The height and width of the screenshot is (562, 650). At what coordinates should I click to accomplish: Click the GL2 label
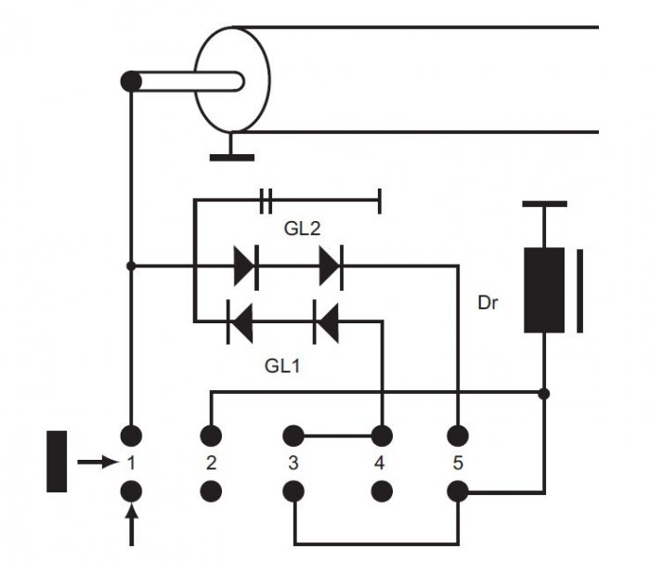(x=302, y=229)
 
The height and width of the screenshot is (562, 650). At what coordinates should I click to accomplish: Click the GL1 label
(x=282, y=366)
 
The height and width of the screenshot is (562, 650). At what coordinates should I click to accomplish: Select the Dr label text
(x=487, y=303)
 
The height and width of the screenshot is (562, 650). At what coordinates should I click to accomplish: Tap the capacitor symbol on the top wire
(x=266, y=201)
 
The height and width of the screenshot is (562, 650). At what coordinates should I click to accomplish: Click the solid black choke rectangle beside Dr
(x=544, y=291)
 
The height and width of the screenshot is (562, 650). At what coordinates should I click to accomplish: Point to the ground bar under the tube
(x=232, y=158)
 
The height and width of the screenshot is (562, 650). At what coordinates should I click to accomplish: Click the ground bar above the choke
(x=545, y=204)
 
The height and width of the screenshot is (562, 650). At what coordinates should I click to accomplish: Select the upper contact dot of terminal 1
(x=132, y=436)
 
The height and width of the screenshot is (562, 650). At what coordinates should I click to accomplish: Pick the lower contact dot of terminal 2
(x=211, y=491)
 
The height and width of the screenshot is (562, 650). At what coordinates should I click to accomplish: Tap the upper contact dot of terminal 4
(x=382, y=436)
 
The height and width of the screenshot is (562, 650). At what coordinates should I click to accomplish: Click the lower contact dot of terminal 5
(x=458, y=492)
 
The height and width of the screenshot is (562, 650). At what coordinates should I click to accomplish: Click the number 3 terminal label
(x=293, y=464)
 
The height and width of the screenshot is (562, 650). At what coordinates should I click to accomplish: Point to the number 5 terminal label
(x=458, y=464)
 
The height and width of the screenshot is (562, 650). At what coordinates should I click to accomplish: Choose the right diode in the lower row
(x=327, y=321)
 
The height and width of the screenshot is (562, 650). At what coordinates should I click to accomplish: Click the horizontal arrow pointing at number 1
(x=97, y=462)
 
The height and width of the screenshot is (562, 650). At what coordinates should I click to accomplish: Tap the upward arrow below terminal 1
(x=132, y=525)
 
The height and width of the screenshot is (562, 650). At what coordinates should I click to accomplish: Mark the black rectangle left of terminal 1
(x=57, y=462)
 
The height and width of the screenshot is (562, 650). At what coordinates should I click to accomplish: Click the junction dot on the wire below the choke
(x=544, y=394)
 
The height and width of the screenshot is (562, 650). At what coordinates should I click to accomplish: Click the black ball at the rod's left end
(x=131, y=82)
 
